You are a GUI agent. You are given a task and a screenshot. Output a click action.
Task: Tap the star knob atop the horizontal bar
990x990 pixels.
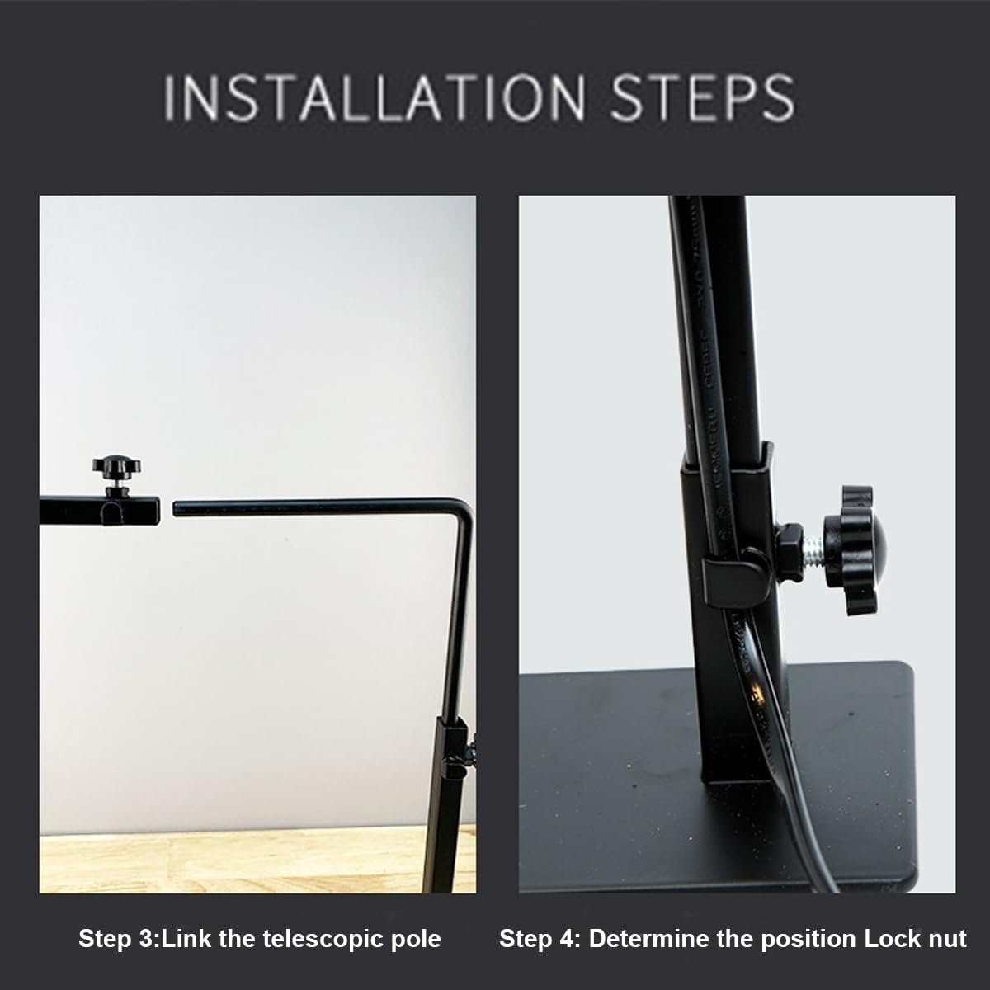[x=117, y=467]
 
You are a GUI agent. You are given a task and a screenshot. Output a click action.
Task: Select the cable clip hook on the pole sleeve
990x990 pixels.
[x=729, y=575]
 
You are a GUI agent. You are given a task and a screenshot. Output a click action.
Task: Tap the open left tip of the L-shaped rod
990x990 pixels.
[x=175, y=509]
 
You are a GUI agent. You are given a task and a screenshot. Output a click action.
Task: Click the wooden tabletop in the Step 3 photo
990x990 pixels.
[x=231, y=864]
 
